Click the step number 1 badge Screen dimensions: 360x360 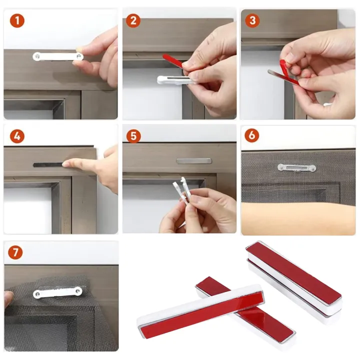point(17,20)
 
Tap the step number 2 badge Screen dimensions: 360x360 point(133,20)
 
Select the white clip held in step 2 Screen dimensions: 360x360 point(172,79)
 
